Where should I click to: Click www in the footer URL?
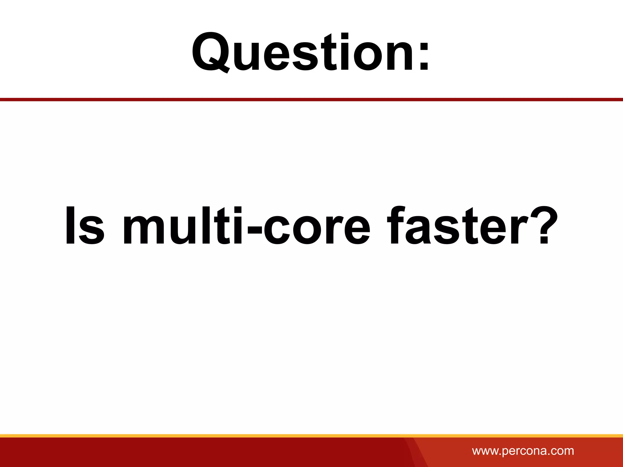pos(485,451)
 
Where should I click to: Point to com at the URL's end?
pos(562,451)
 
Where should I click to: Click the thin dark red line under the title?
pos(311,99)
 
